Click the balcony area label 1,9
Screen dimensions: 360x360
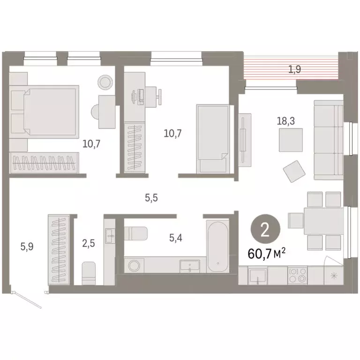point(294,70)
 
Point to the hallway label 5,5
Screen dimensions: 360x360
point(151,198)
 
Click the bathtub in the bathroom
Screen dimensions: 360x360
point(217,246)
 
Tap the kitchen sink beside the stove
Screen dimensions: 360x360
point(257,275)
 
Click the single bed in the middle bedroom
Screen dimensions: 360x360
point(213,138)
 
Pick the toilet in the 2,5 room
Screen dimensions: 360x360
point(89,273)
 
